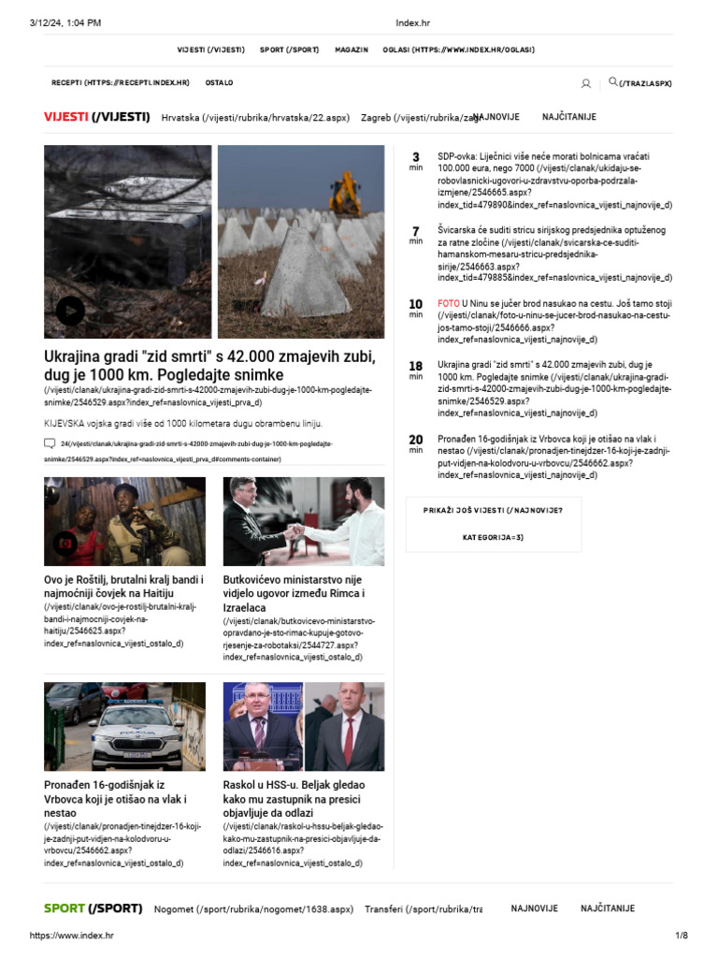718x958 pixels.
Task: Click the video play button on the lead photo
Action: point(70,311)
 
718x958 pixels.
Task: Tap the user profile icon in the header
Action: point(586,83)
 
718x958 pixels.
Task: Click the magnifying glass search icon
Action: point(613,82)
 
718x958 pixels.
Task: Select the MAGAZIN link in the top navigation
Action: point(352,50)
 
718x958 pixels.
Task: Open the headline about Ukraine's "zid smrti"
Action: point(197,366)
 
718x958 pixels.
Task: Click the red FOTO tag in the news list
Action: point(449,304)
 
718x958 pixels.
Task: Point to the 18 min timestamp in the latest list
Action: point(416,370)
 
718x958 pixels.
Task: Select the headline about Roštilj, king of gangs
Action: point(123,587)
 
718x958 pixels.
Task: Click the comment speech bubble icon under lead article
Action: point(50,443)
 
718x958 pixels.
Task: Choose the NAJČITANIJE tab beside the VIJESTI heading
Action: point(568,117)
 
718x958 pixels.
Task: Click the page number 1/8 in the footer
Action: point(681,936)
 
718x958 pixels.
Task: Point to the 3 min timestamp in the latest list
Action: point(416,161)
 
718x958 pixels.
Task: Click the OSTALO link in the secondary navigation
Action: point(220,83)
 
